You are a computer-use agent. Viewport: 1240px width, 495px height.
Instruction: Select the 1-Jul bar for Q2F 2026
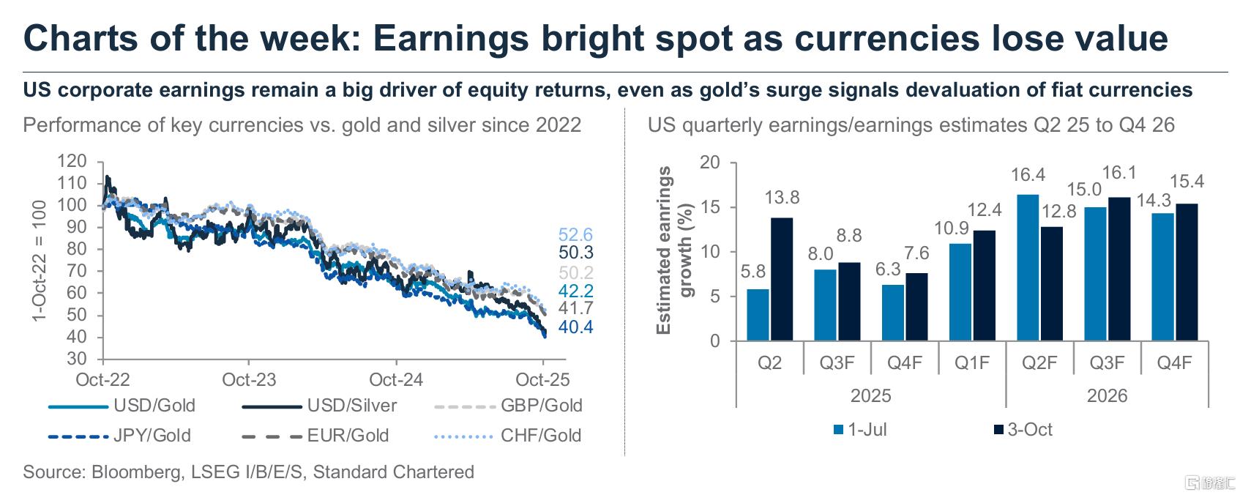tap(1028, 268)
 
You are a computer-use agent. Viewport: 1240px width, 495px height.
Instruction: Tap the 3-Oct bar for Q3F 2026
tap(1119, 269)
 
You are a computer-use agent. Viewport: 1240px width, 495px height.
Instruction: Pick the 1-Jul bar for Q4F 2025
tap(893, 313)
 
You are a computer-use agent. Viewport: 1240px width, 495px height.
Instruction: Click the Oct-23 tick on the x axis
tap(249, 379)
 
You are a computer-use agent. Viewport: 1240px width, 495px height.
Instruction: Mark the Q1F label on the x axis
tap(972, 363)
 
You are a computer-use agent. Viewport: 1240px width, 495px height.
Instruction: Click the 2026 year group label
tap(1107, 396)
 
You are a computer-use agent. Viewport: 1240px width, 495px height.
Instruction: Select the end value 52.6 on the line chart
tap(575, 235)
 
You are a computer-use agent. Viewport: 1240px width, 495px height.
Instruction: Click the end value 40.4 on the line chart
tap(575, 327)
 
